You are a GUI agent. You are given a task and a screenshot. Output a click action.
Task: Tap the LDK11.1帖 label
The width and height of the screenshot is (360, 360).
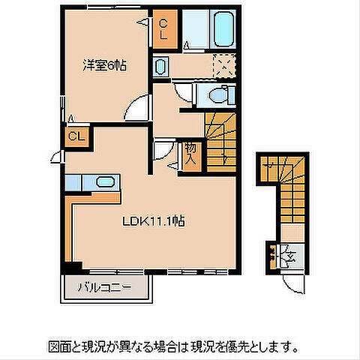point(154,221)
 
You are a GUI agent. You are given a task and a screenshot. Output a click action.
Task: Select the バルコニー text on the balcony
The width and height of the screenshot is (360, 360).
point(100,287)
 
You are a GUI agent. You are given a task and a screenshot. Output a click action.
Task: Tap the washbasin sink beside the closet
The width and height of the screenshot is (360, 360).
point(161,67)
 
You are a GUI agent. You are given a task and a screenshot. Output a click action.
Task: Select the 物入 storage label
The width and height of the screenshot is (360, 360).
point(190,154)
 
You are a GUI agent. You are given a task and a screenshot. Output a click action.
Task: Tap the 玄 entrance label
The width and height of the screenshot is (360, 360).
point(289,256)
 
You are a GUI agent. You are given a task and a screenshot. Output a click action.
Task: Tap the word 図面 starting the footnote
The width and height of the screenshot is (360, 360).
point(58,348)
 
